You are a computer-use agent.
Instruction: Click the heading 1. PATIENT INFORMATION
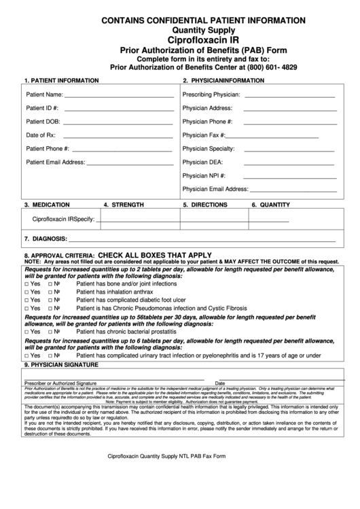61,80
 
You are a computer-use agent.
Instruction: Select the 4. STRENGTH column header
123,205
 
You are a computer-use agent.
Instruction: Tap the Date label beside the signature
220,383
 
